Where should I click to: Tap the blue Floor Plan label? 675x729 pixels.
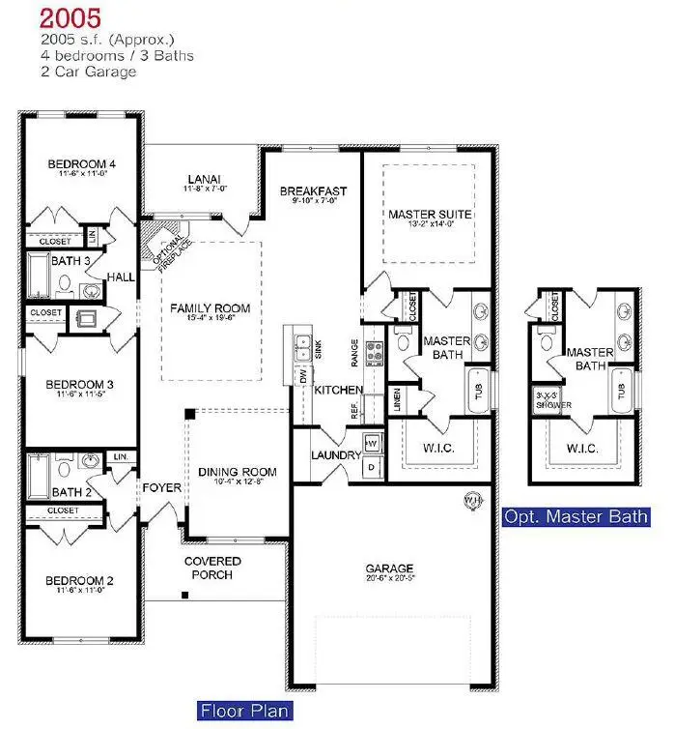(244, 712)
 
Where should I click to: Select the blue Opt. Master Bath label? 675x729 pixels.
(576, 517)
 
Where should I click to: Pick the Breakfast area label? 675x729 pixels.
(314, 191)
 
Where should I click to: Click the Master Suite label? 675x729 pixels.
(430, 214)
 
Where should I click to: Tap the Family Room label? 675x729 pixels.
(211, 308)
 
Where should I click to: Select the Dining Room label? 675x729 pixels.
(238, 473)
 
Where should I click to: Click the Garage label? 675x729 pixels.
(389, 569)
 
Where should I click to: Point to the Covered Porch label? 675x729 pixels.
(212, 569)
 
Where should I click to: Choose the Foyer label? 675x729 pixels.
(161, 488)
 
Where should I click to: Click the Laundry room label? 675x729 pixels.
(335, 455)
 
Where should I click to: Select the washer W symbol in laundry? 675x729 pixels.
(374, 443)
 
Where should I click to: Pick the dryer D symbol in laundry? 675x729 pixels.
(374, 467)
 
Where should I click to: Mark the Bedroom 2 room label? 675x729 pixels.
(80, 581)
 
